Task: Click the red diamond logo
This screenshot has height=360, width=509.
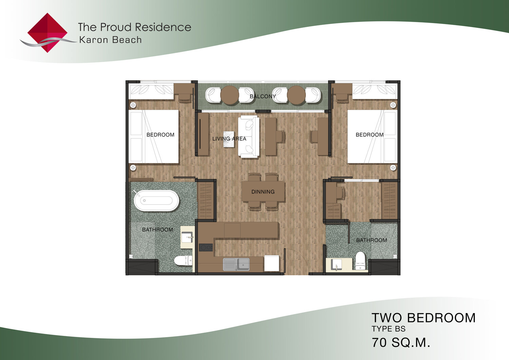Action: click(48, 33)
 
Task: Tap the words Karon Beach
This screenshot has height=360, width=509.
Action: click(110, 40)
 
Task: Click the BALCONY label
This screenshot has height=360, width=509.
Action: click(263, 96)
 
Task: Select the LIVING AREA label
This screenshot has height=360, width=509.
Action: click(229, 139)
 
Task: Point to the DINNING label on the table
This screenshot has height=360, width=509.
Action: click(263, 192)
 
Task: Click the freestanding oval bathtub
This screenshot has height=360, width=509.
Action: click(156, 201)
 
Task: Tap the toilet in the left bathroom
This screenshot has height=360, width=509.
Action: click(183, 261)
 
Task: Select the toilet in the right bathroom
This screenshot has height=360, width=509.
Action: click(360, 261)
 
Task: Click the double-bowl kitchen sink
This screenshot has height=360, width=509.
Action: click(236, 264)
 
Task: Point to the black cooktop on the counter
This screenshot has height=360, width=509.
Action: click(206, 247)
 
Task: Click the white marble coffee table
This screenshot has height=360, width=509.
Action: click(229, 139)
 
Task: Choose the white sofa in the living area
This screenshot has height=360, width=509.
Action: click(249, 137)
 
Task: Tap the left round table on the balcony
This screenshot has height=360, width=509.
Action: click(229, 95)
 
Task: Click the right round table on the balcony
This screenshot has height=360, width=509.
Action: click(296, 95)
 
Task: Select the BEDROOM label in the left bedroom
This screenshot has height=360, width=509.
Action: click(161, 135)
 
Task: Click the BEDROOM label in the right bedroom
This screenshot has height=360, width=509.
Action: click(370, 135)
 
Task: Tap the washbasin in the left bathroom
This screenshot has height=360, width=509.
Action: click(187, 237)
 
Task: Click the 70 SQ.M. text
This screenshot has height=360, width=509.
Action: click(401, 342)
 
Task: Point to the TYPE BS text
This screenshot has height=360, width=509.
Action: click(389, 329)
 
